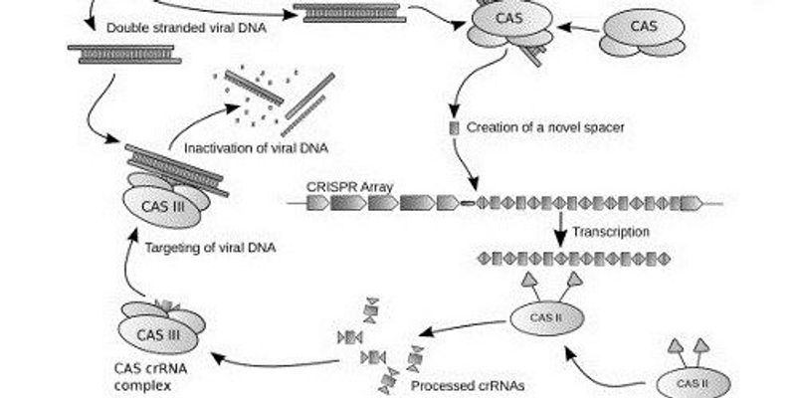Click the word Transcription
[611, 231]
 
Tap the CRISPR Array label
[345, 185]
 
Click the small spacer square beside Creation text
[454, 128]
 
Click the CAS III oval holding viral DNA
[162, 205]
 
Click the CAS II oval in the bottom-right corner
[692, 382]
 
